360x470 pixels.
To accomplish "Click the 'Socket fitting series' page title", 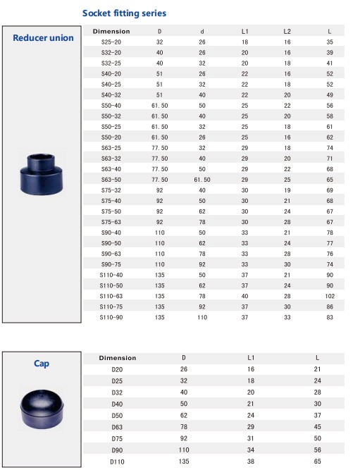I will click(124, 13).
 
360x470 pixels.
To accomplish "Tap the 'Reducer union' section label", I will click(43, 37).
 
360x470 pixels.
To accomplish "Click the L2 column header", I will click(287, 32).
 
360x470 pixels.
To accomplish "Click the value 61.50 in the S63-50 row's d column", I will click(202, 180).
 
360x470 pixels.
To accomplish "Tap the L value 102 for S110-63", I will click(329, 297).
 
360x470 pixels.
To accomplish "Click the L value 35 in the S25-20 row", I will click(330, 42).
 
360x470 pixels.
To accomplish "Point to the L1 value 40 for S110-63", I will click(244, 297).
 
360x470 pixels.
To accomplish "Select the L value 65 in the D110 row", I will click(317, 460).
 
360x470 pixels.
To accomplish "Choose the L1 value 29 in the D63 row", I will click(250, 415).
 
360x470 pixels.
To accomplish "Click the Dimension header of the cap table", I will click(117, 358).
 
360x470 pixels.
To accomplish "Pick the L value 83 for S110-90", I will click(330, 318).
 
